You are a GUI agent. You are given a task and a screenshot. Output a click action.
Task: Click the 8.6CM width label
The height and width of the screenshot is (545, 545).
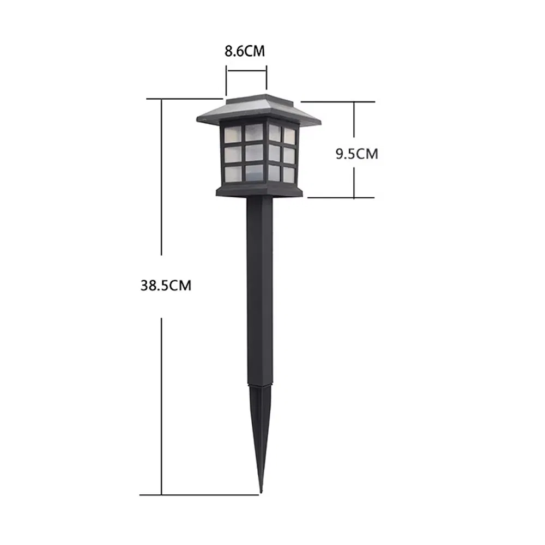click(x=245, y=52)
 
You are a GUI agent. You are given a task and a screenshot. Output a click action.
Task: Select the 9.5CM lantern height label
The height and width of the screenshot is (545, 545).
click(x=356, y=154)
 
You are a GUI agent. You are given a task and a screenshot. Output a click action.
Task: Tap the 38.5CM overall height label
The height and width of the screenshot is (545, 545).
click(x=166, y=285)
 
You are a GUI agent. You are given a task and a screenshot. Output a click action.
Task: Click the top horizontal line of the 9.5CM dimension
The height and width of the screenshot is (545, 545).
click(x=338, y=101)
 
